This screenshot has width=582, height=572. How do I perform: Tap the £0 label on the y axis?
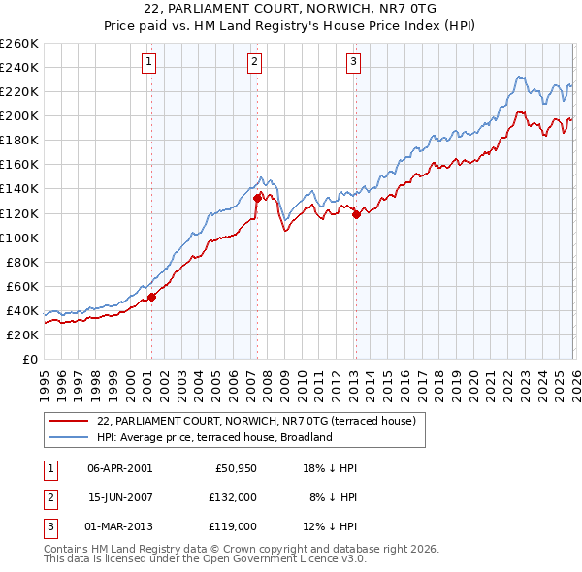[29, 359]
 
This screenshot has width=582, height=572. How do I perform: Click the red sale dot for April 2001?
[151, 297]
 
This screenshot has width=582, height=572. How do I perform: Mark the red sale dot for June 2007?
[257, 198]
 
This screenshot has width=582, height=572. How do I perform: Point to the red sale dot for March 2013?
[355, 214]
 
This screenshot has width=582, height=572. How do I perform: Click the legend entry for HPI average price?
[214, 437]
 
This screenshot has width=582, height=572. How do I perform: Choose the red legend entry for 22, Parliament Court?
[256, 421]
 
